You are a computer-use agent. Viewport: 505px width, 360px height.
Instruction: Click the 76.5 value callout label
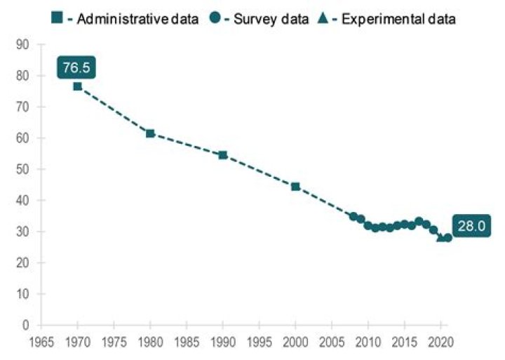tap(76, 68)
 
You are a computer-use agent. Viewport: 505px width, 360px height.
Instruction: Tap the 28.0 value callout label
tap(471, 227)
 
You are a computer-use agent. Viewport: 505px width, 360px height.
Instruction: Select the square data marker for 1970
tap(77, 86)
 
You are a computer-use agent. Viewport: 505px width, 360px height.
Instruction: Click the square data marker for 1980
tap(150, 133)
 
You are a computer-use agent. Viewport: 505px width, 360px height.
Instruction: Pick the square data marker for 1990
tap(223, 155)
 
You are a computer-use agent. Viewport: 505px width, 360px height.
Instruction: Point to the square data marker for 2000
tap(295, 187)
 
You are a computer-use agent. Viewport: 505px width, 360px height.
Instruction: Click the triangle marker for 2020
tap(440, 237)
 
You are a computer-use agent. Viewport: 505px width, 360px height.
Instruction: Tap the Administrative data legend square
tap(58, 18)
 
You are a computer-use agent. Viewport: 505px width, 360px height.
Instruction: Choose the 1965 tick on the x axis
tap(41, 344)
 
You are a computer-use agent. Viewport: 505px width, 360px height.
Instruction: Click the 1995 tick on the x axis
tap(259, 344)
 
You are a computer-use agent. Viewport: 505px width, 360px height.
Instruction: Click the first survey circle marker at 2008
tap(353, 217)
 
